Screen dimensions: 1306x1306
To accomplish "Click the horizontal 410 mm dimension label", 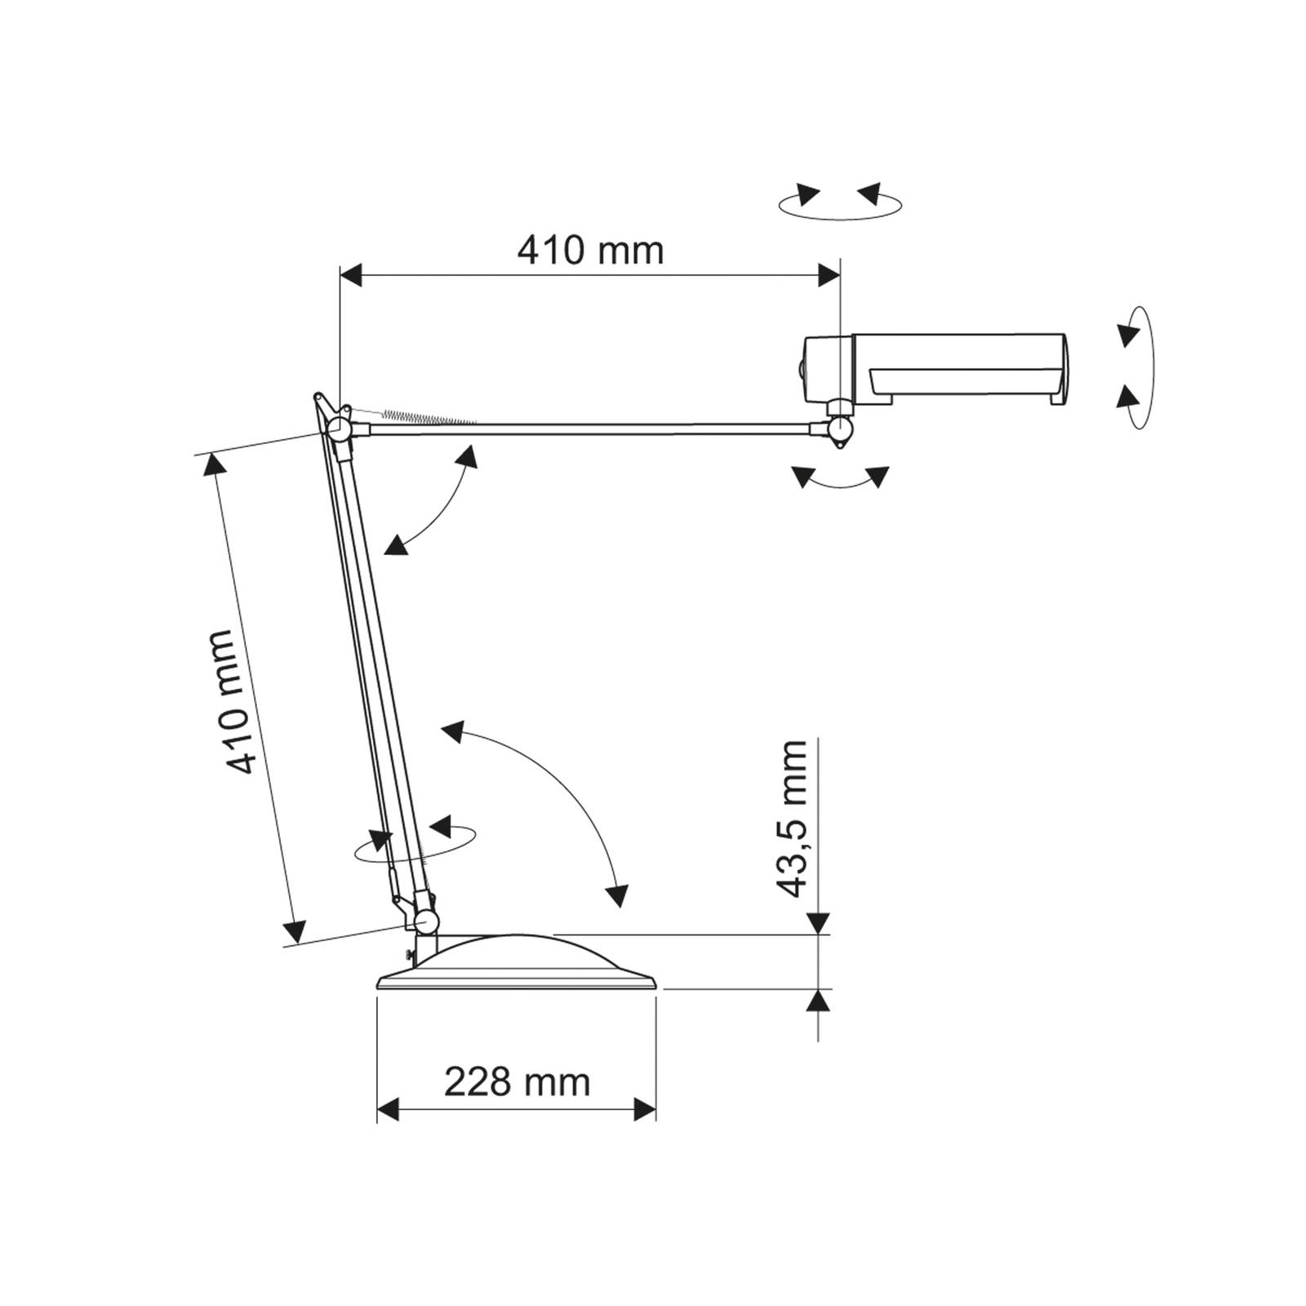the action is (590, 250).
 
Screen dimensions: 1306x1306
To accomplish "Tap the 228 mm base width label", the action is (517, 1082).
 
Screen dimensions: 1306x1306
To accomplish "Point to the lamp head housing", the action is (931, 369).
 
